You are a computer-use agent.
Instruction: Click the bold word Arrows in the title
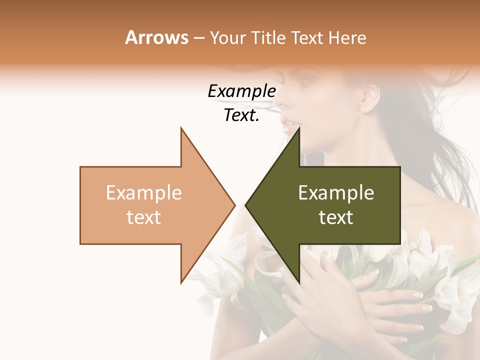(157, 37)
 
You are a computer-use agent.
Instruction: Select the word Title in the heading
(268, 37)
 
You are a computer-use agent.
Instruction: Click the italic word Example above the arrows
(241, 91)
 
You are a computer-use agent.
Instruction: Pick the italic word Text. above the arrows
(241, 115)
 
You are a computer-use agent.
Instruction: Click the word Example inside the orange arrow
(144, 193)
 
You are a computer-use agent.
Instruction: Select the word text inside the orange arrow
(144, 217)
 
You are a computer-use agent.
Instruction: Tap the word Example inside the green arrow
(336, 193)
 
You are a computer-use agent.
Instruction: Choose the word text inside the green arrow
(336, 217)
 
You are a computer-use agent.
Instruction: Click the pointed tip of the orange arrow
(235, 205)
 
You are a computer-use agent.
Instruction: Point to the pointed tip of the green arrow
(245, 205)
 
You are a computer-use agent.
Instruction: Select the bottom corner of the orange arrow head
(181, 282)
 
